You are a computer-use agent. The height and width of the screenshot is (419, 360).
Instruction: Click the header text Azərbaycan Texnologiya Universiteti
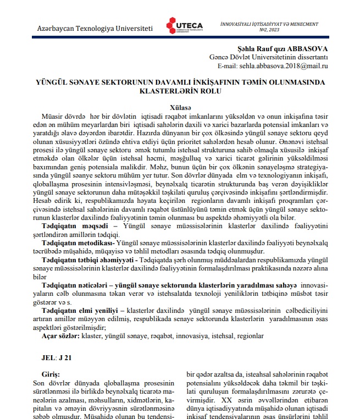click(x=94, y=27)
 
